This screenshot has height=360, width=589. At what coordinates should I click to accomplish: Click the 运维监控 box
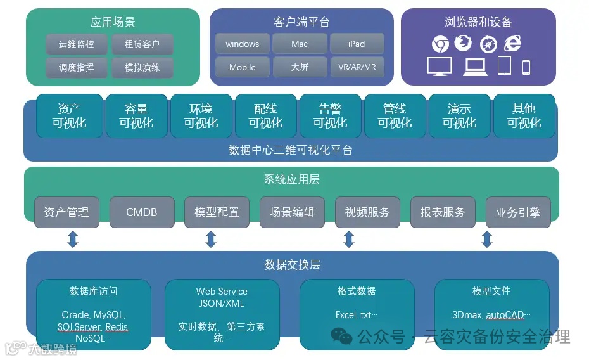pos(76,44)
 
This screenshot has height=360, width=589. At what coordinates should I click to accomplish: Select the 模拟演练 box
pos(142,68)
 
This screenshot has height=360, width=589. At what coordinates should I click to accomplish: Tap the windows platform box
pos(242,44)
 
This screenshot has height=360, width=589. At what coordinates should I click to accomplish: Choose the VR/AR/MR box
pos(357,67)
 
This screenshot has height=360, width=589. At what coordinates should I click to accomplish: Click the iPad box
pos(357,44)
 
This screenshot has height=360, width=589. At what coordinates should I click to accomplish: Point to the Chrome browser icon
pos(440,44)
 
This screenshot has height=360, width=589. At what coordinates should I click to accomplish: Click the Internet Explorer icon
pos(512,44)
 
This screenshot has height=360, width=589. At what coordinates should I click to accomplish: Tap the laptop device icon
pos(474,67)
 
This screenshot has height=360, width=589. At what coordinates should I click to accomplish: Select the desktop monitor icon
pos(439,67)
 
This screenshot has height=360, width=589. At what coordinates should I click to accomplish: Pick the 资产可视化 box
pos(69,116)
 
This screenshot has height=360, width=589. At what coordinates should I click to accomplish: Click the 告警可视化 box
pos(330,116)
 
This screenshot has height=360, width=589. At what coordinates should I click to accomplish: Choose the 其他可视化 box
pos(524,116)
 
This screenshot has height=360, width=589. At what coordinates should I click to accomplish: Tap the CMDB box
pos(141,212)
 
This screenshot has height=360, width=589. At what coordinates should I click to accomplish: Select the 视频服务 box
pos(367,212)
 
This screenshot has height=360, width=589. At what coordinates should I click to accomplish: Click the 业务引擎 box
pos(518,212)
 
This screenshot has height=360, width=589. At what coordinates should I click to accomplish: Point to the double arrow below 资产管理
pos(73,240)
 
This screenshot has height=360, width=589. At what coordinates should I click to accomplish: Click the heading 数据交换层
pos(292,264)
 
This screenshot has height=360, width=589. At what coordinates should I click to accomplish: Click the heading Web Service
pos(222,292)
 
